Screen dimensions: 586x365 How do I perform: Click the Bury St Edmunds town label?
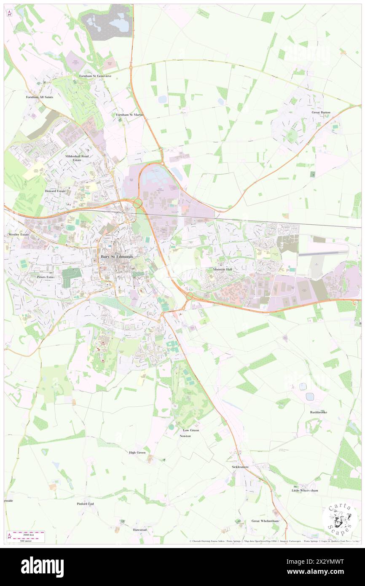117,256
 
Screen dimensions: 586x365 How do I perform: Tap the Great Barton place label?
321,113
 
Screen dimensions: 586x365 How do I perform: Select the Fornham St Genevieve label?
95,76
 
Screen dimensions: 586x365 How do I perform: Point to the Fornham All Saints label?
39,97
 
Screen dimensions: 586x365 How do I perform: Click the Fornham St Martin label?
130,115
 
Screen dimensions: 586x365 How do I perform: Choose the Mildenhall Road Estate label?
78,158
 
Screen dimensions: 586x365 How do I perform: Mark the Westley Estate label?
19,234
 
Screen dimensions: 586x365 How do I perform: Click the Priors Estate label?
43,277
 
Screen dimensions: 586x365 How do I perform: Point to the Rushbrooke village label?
319,412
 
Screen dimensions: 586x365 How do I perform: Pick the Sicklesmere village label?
240,467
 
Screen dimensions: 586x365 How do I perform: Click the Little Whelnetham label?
305,490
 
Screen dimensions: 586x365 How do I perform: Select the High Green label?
137,452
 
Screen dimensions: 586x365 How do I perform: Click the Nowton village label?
185,436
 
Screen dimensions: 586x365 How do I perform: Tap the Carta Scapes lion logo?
340,518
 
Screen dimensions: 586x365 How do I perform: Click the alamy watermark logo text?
42,567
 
